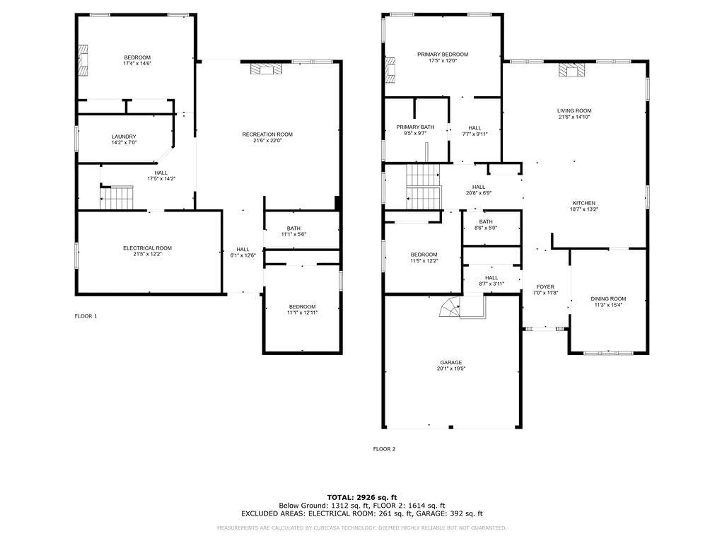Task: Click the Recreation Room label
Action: click(267, 134)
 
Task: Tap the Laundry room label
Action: click(124, 137)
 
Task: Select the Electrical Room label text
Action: click(147, 248)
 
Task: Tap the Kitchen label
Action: click(584, 203)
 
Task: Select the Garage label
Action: click(451, 362)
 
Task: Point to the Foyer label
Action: click(545, 287)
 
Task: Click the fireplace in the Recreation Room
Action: click(266, 69)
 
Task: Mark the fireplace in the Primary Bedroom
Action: click(390, 70)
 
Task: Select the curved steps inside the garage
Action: click(450, 307)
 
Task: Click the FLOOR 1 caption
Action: click(86, 316)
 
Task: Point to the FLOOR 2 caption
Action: click(384, 449)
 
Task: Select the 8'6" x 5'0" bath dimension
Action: click(486, 228)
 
